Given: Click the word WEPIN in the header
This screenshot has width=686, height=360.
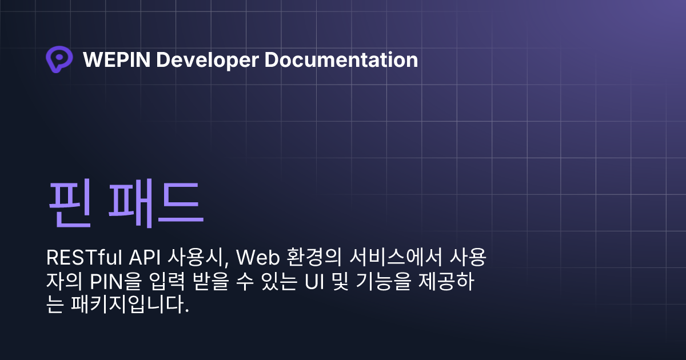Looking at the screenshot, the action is (x=117, y=59).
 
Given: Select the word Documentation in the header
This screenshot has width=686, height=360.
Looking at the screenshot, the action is (x=341, y=59).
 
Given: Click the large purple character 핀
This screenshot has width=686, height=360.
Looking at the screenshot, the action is (x=70, y=203).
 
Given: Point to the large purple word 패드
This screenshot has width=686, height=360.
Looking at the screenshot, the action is (x=156, y=203).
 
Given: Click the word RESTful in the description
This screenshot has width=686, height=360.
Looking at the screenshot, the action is (x=84, y=258).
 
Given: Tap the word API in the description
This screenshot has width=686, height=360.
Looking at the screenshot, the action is (x=145, y=258).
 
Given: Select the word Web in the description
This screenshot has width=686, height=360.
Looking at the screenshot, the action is (x=258, y=258).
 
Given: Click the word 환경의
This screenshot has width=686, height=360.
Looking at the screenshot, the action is (x=314, y=257).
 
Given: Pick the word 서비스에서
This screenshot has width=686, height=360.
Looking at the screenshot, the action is (x=396, y=257).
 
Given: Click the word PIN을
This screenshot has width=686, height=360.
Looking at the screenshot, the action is (x=115, y=281).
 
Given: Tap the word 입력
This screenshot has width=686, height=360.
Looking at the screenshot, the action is (x=167, y=281).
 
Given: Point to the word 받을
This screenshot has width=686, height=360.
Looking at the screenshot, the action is (x=211, y=281).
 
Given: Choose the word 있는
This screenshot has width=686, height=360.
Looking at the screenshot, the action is (x=279, y=281).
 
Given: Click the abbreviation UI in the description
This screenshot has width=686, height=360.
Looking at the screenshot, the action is (x=314, y=282).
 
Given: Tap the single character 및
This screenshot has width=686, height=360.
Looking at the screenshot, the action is (x=340, y=281).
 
